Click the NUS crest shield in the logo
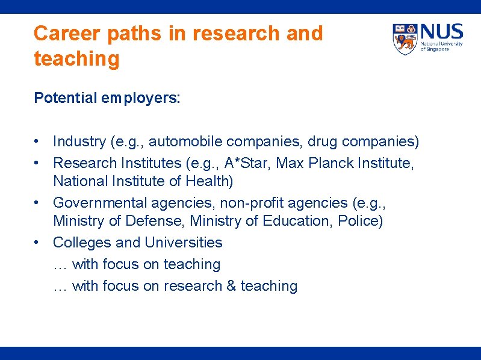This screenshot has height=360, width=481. (405, 39)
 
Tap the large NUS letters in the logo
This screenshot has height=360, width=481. (442, 31)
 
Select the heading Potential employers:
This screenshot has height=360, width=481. (107, 98)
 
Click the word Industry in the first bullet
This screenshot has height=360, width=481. (79, 141)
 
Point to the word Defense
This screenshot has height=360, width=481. (153, 221)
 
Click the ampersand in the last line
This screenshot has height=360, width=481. (231, 286)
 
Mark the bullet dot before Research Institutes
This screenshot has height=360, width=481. (37, 163)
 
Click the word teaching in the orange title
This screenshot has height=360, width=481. (76, 60)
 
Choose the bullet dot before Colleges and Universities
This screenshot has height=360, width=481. (37, 243)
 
